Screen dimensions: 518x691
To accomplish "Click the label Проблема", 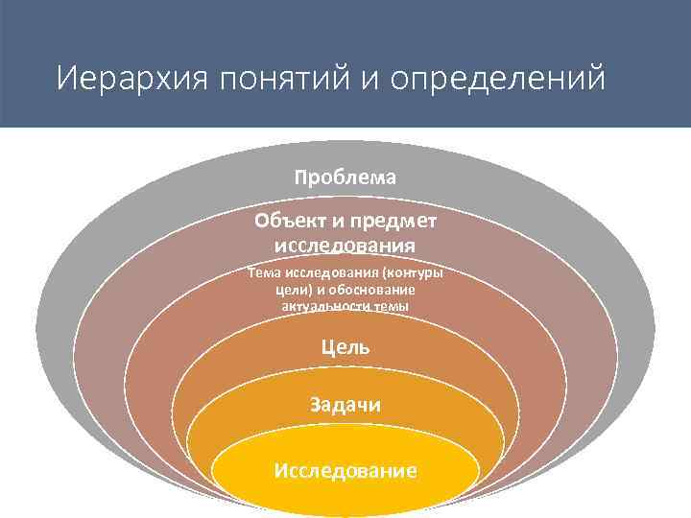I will pyautogui.click(x=345, y=177).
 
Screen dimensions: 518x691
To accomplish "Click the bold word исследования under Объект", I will pyautogui.click(x=345, y=245).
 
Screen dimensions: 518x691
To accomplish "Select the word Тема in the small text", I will pyautogui.click(x=263, y=272).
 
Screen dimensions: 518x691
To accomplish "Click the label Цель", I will pyautogui.click(x=345, y=347).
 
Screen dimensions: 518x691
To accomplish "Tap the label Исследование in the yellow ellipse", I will pyautogui.click(x=345, y=471).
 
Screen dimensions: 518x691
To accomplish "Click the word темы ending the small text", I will pyautogui.click(x=390, y=306).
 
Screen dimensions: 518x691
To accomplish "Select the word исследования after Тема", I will pyautogui.click(x=332, y=272).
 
